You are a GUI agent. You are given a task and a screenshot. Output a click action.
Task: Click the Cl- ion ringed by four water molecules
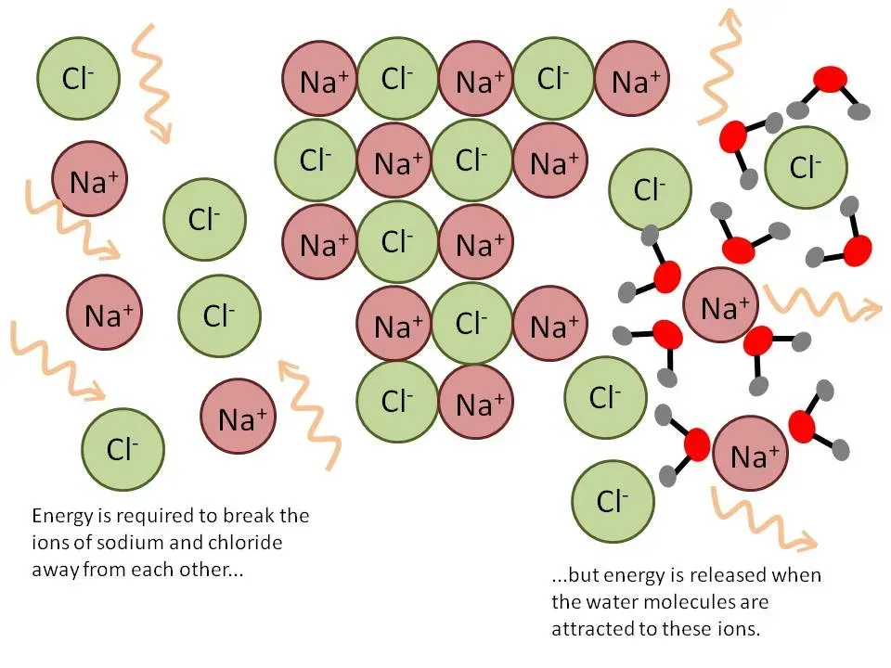[x=805, y=168]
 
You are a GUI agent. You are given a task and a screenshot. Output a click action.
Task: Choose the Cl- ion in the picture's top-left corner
[x=78, y=79]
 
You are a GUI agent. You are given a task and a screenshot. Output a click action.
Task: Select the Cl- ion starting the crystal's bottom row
[x=396, y=402]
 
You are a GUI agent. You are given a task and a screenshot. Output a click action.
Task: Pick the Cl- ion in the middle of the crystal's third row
[x=396, y=243]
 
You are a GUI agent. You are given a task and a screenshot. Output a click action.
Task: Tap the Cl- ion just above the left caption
[x=123, y=450]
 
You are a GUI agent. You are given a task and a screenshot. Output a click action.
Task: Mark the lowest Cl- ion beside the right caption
[x=610, y=502]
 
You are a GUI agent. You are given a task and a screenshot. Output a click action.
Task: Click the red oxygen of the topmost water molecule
[x=831, y=79]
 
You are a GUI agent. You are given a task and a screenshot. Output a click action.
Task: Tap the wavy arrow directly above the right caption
[x=761, y=520]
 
